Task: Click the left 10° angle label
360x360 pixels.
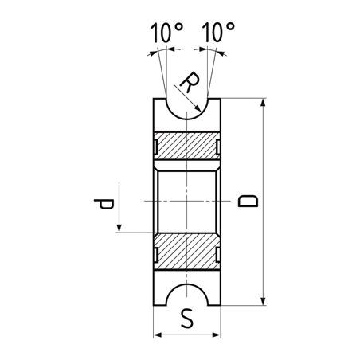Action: (166, 33)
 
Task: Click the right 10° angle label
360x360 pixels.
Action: (218, 33)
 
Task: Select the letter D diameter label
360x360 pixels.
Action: (248, 201)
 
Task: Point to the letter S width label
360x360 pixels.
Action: (187, 319)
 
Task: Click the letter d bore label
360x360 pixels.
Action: (104, 204)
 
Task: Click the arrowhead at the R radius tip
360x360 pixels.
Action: (198, 108)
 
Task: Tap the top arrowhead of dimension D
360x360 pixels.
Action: (263, 103)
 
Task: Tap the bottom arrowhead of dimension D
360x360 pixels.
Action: (263, 301)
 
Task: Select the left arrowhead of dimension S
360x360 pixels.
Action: (158, 335)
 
